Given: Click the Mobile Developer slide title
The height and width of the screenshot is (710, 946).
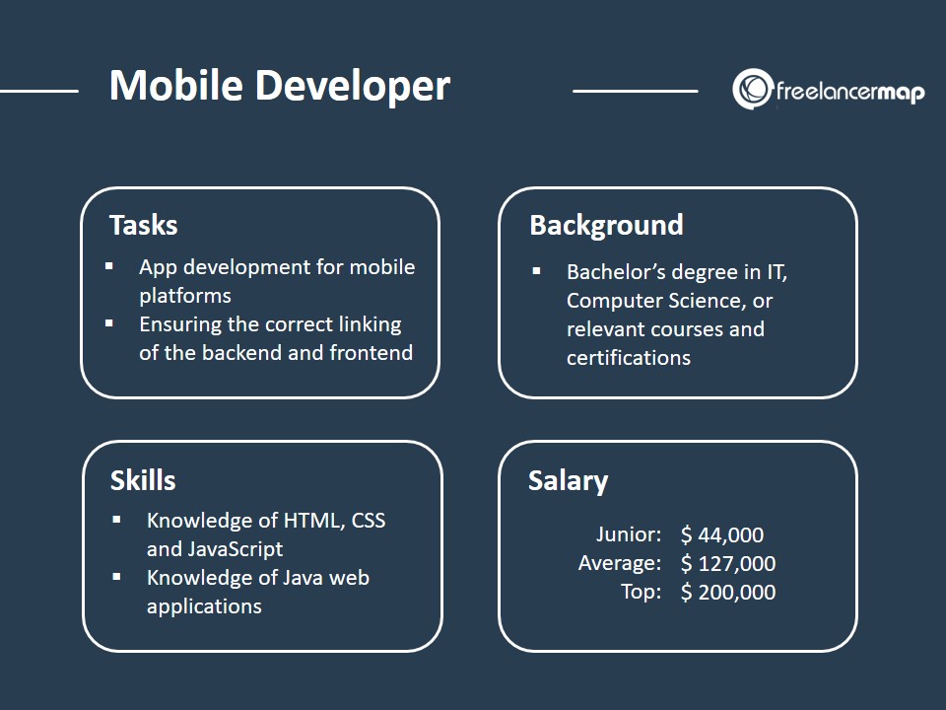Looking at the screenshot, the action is tap(279, 86).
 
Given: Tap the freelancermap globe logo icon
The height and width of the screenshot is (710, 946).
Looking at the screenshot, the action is tap(752, 89).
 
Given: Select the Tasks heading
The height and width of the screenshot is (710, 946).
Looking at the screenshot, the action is tap(144, 225).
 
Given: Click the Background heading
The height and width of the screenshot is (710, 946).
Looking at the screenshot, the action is tap(606, 226).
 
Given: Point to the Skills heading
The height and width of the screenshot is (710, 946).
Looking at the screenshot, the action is tap(143, 480).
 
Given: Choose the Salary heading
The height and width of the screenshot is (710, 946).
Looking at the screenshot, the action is tap(568, 481).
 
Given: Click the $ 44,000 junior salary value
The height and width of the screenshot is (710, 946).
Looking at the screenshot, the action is tap(722, 534).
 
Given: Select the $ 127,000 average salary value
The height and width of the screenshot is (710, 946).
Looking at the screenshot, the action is tap(728, 563).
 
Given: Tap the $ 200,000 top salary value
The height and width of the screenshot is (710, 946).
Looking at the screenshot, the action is tap(728, 593).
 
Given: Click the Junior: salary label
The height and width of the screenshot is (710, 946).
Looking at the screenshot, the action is tap(629, 534).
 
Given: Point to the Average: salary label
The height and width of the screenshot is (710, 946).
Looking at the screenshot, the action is tap(620, 563).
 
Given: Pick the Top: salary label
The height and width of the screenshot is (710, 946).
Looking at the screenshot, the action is tap(642, 592).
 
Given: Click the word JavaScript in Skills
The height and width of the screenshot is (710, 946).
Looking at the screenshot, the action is tap(236, 549).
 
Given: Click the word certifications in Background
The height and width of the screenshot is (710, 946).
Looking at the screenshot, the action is tap(629, 358).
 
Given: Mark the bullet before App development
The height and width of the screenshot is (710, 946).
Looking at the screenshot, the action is tap(109, 265).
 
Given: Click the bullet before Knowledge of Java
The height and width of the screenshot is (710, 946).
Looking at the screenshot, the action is tap(116, 577).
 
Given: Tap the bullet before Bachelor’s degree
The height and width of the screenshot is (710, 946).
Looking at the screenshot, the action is tap(536, 271).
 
